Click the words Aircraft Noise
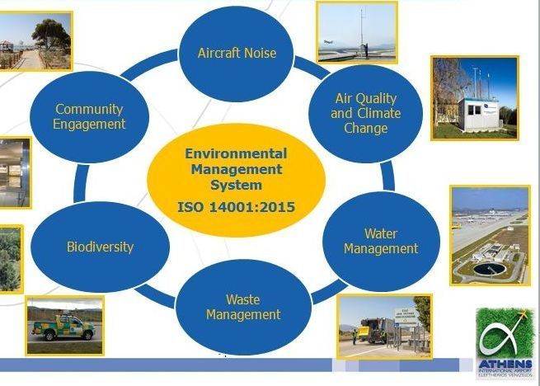pyautogui.click(x=237, y=53)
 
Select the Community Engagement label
pyautogui.click(x=89, y=116)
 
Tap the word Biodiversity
pyautogui.click(x=100, y=247)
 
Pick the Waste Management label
pyautogui.click(x=243, y=307)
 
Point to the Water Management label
pyautogui.click(x=381, y=241)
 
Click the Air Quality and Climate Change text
pyautogui.click(x=366, y=113)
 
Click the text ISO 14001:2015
pyautogui.click(x=237, y=207)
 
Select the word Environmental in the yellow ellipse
pyautogui.click(x=236, y=153)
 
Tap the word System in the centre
pyautogui.click(x=237, y=185)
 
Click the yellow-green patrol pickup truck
pyautogui.click(x=63, y=327)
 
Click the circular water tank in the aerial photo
pyautogui.click(x=490, y=269)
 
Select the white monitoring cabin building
pyautogui.click(x=478, y=115)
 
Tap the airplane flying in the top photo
pyautogui.click(x=328, y=42)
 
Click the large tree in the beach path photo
pyautogui.click(x=52, y=36)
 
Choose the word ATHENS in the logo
pyautogui.click(x=505, y=364)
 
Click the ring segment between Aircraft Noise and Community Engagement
pyautogui.click(x=148, y=64)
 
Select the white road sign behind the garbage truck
pyautogui.click(x=406, y=315)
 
